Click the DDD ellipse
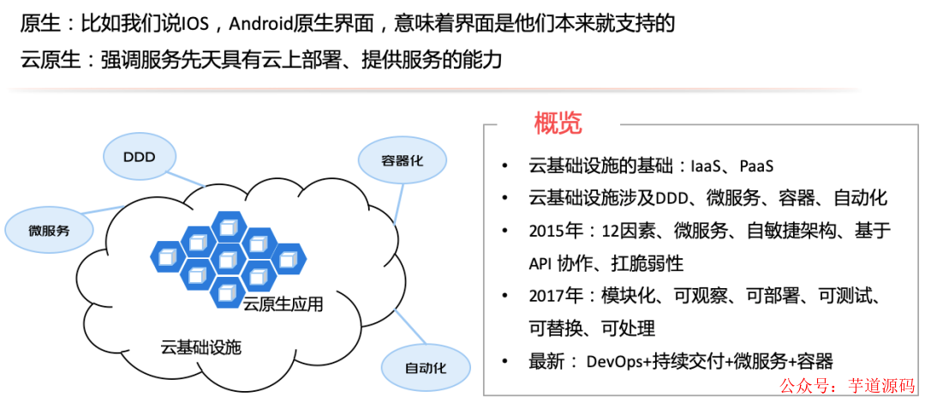coord(140,157)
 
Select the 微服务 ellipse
coord(49,230)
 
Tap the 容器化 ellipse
coord(391,160)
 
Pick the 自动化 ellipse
coord(427,368)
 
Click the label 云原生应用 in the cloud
coord(283,304)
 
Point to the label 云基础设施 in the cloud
coord(201,348)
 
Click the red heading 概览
coord(558,123)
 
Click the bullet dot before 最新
coord(506,361)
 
